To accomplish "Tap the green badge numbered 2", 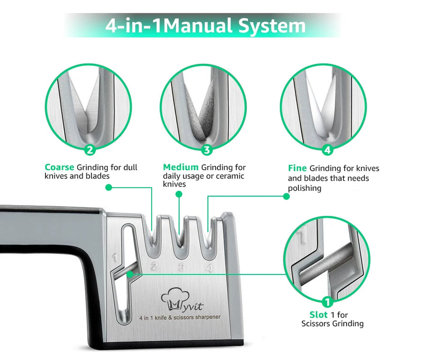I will (x=89, y=150).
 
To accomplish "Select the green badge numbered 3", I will (x=206, y=150).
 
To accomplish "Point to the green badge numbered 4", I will (x=327, y=150).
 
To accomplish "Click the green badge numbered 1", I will (x=327, y=302).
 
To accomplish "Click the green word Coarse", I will (x=59, y=168).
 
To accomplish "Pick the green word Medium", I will (x=180, y=168).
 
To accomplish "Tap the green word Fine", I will (x=297, y=169).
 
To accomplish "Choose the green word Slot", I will (x=319, y=314).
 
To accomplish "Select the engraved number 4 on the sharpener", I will (x=209, y=267).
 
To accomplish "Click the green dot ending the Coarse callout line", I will (x=108, y=187).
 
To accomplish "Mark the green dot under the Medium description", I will (x=178, y=195).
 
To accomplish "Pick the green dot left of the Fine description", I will (x=286, y=196).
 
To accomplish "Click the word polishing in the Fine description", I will (x=305, y=188).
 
